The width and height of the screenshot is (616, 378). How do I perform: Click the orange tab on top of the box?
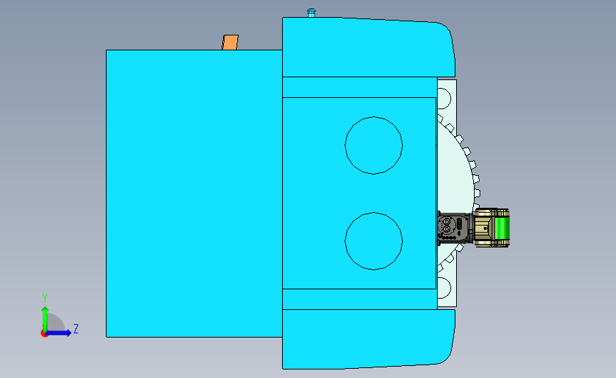click(x=230, y=43)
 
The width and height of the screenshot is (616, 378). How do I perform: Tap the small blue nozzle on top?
click(x=311, y=13)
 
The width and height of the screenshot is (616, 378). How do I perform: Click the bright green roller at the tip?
click(x=502, y=228)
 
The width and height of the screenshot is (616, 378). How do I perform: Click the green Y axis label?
click(x=45, y=299)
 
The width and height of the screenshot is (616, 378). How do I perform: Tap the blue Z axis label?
click(x=76, y=328)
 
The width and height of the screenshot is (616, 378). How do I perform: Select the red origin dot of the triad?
click(x=44, y=334)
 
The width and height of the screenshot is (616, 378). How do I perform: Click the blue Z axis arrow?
click(x=58, y=333)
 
